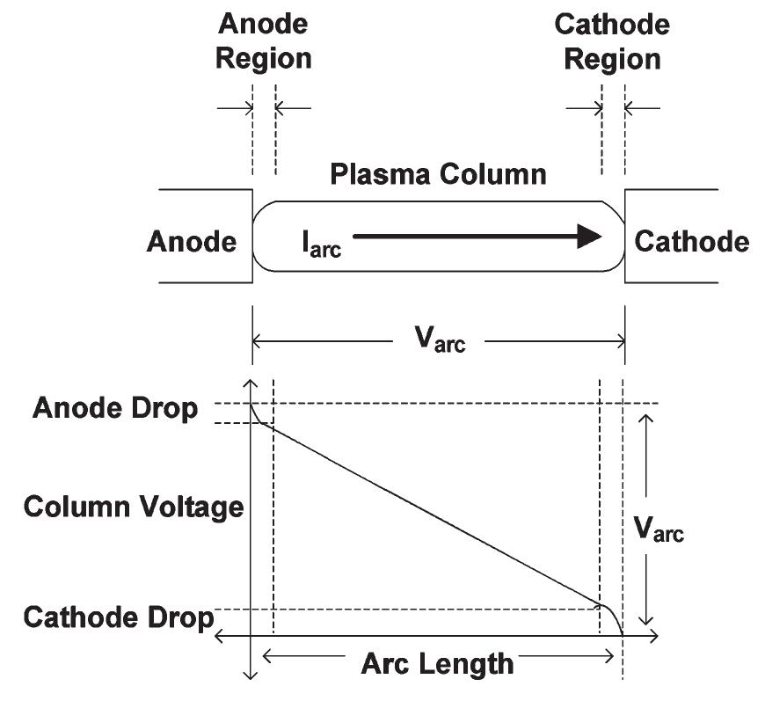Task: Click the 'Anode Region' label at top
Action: (x=264, y=42)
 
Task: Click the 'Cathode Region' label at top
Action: (x=612, y=42)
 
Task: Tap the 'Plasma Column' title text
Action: (x=438, y=173)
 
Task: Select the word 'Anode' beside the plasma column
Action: (x=192, y=241)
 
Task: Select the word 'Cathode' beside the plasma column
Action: (x=692, y=241)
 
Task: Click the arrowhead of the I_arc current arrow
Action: (x=589, y=236)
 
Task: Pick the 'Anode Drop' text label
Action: (x=115, y=409)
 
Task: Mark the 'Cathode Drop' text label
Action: (x=119, y=617)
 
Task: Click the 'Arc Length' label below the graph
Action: (x=437, y=661)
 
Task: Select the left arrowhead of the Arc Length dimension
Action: (x=268, y=655)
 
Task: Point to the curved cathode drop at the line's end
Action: (x=613, y=616)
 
